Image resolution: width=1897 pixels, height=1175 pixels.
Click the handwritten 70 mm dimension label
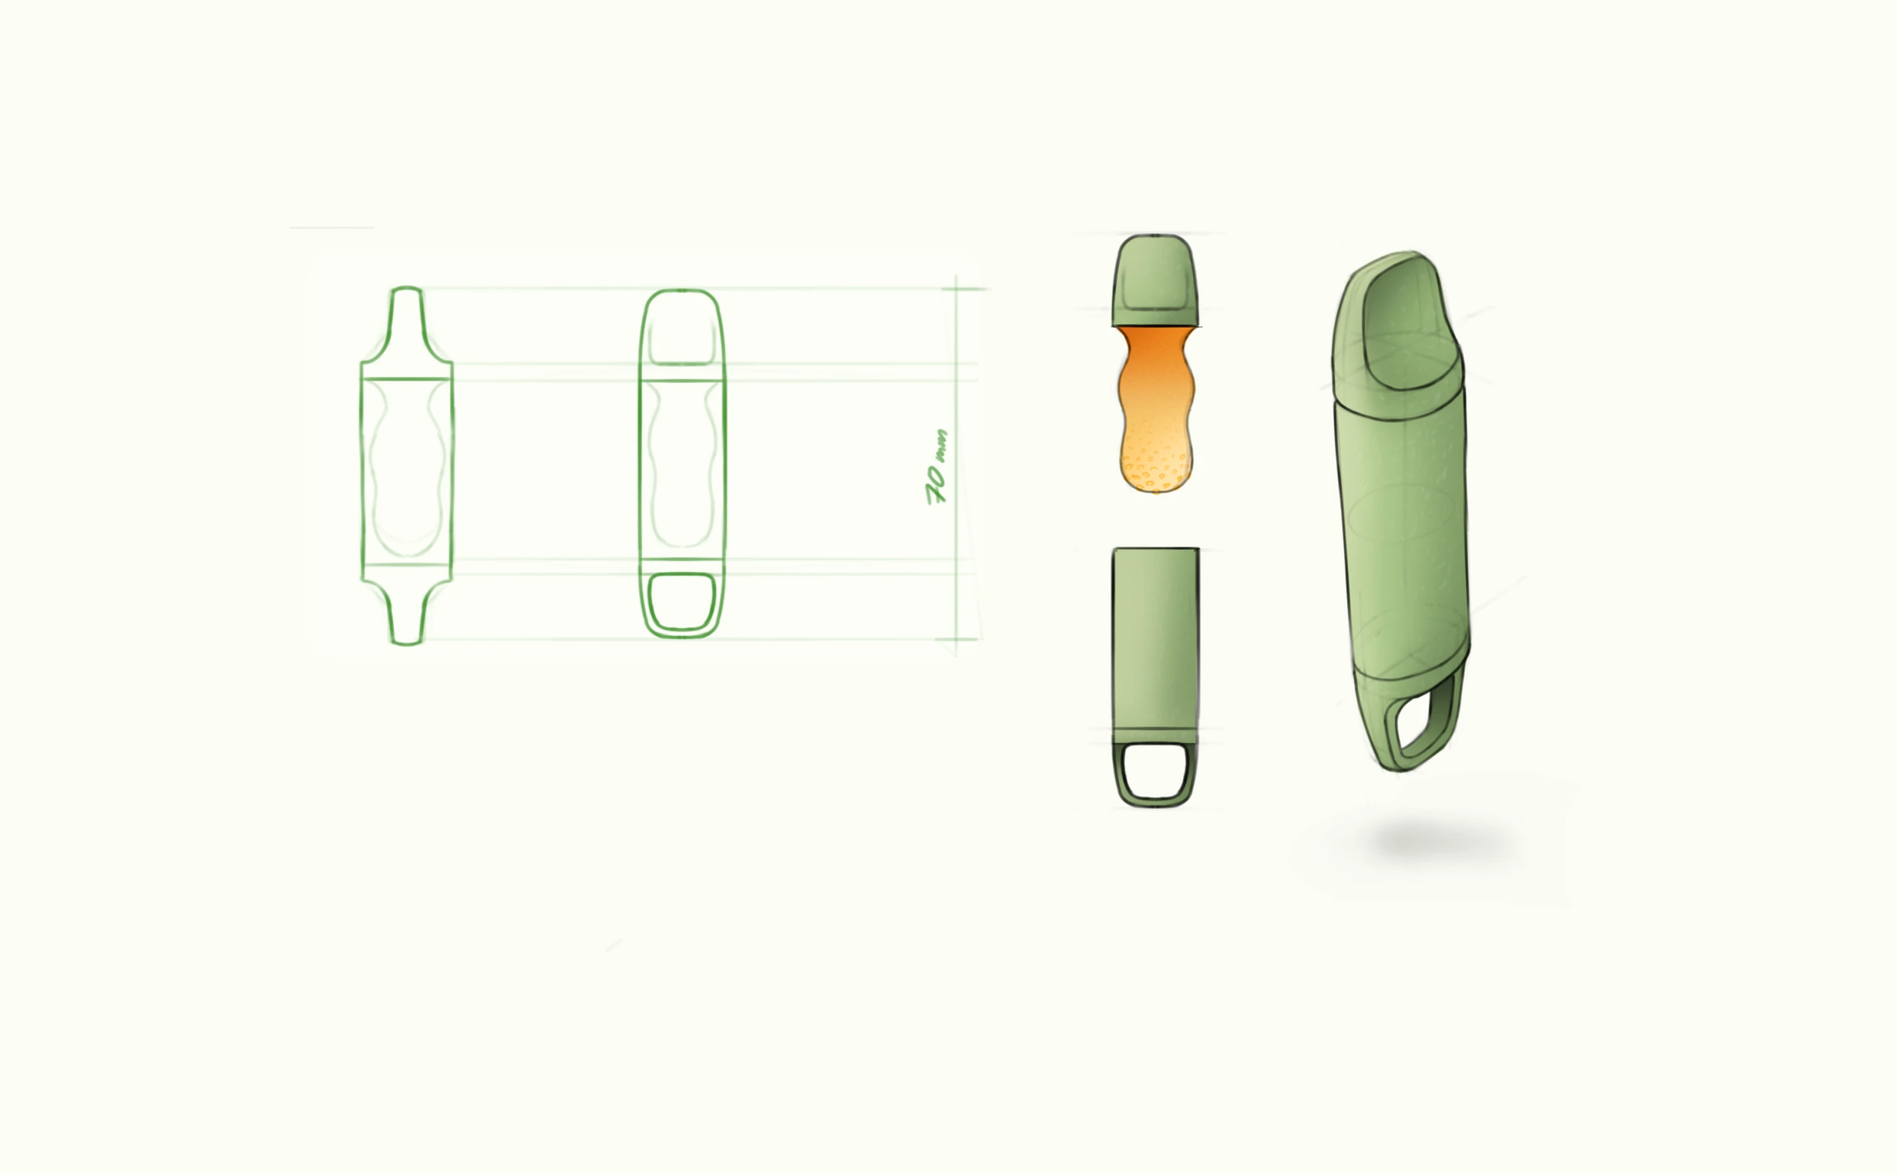point(937,466)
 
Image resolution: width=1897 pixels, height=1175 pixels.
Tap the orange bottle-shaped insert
point(1155,409)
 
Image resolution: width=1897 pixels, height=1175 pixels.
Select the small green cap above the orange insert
point(1155,280)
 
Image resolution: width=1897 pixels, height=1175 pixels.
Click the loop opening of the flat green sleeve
point(1155,770)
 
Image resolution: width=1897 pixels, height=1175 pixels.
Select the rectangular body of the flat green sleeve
point(1155,639)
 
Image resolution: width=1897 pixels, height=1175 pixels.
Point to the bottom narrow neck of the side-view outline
point(406,613)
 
